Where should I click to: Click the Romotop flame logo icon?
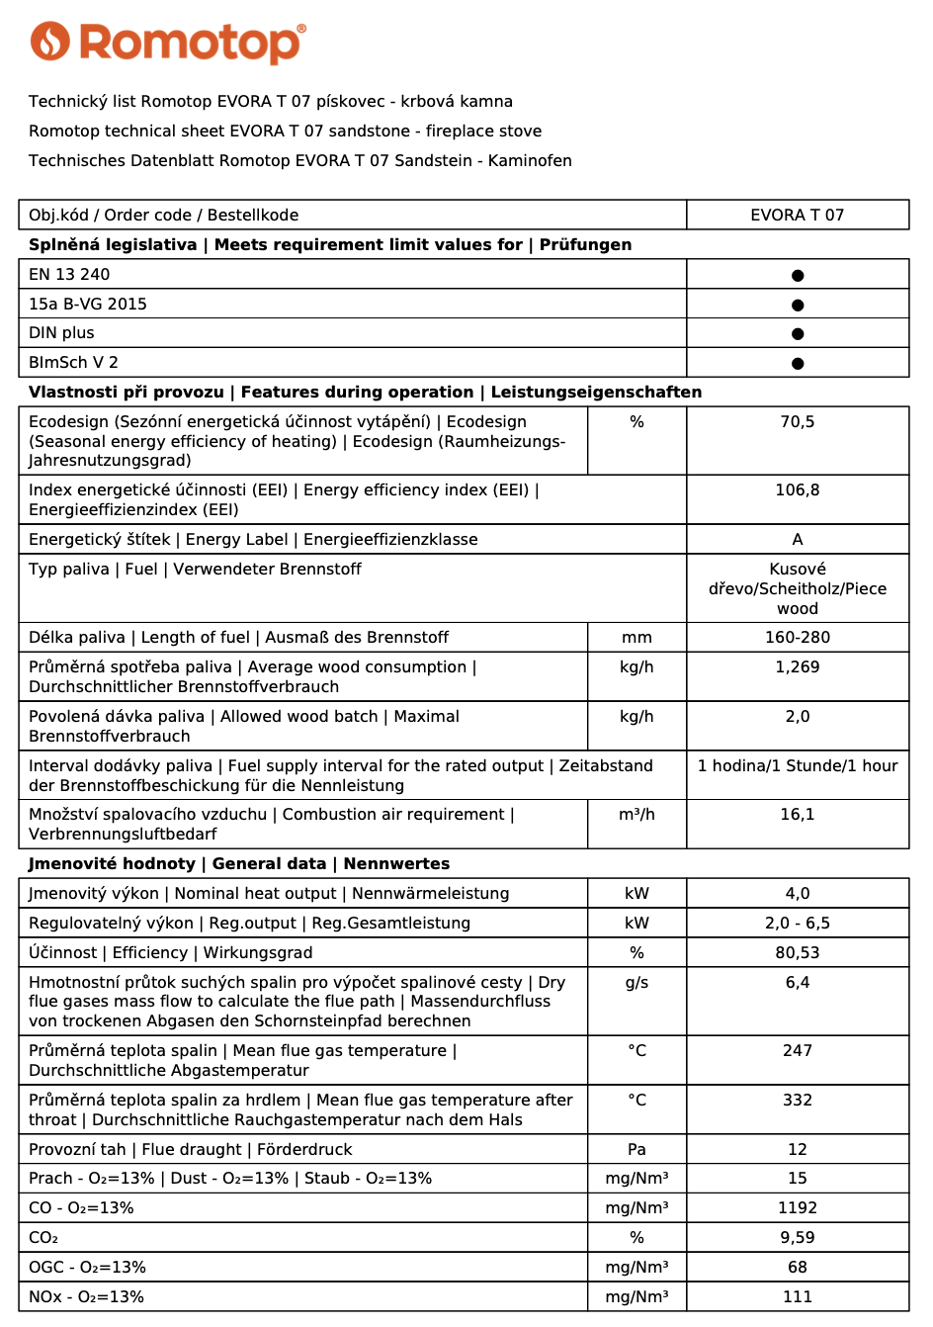pyautogui.click(x=50, y=42)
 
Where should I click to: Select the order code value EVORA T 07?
pyautogui.click(x=797, y=215)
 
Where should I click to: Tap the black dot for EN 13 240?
pyautogui.click(x=798, y=275)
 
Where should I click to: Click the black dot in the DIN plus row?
pyautogui.click(x=798, y=333)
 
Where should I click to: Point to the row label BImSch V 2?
pyautogui.click(x=73, y=362)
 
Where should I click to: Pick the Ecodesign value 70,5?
pyautogui.click(x=797, y=422)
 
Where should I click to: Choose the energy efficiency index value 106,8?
pyautogui.click(x=797, y=490)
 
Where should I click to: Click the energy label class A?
pyautogui.click(x=797, y=540)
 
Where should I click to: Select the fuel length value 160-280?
pyautogui.click(x=797, y=638)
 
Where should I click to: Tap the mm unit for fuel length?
pyautogui.click(x=636, y=638)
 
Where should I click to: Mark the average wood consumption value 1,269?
pyautogui.click(x=797, y=667)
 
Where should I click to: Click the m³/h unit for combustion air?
pyautogui.click(x=636, y=815)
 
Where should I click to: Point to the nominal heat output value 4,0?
pyautogui.click(x=797, y=894)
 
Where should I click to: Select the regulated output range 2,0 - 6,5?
pyautogui.click(x=797, y=924)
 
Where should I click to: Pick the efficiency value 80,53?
pyautogui.click(x=797, y=953)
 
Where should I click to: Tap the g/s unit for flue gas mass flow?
pyautogui.click(x=636, y=983)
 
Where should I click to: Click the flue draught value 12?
pyautogui.click(x=797, y=1150)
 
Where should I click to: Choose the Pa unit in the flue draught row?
pyautogui.click(x=636, y=1150)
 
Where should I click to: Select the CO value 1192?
pyautogui.click(x=797, y=1208)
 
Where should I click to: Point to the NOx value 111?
pyautogui.click(x=797, y=1297)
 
